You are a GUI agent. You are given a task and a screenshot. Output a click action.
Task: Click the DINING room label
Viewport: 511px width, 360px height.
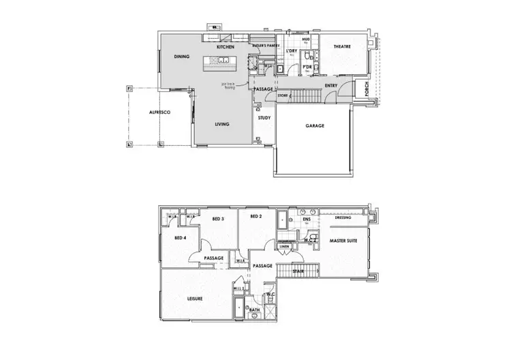181,57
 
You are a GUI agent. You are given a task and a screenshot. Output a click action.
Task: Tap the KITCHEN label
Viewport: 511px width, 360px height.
226,47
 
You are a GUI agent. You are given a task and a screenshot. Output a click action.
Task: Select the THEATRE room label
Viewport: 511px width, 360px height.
342,46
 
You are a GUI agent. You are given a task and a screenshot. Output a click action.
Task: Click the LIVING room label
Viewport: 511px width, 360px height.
222,124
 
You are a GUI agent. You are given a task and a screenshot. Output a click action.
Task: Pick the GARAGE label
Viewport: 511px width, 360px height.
315,126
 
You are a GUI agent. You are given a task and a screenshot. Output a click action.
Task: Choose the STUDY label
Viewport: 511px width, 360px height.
264,118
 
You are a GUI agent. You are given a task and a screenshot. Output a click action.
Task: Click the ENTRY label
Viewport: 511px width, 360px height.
331,85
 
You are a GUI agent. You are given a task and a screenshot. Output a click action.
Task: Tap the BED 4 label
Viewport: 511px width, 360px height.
181,238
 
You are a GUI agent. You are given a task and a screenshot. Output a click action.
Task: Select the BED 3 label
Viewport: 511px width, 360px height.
218,219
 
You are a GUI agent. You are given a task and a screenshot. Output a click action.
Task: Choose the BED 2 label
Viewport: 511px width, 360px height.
256,217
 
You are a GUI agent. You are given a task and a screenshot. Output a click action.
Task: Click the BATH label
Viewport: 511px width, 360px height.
253,310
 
